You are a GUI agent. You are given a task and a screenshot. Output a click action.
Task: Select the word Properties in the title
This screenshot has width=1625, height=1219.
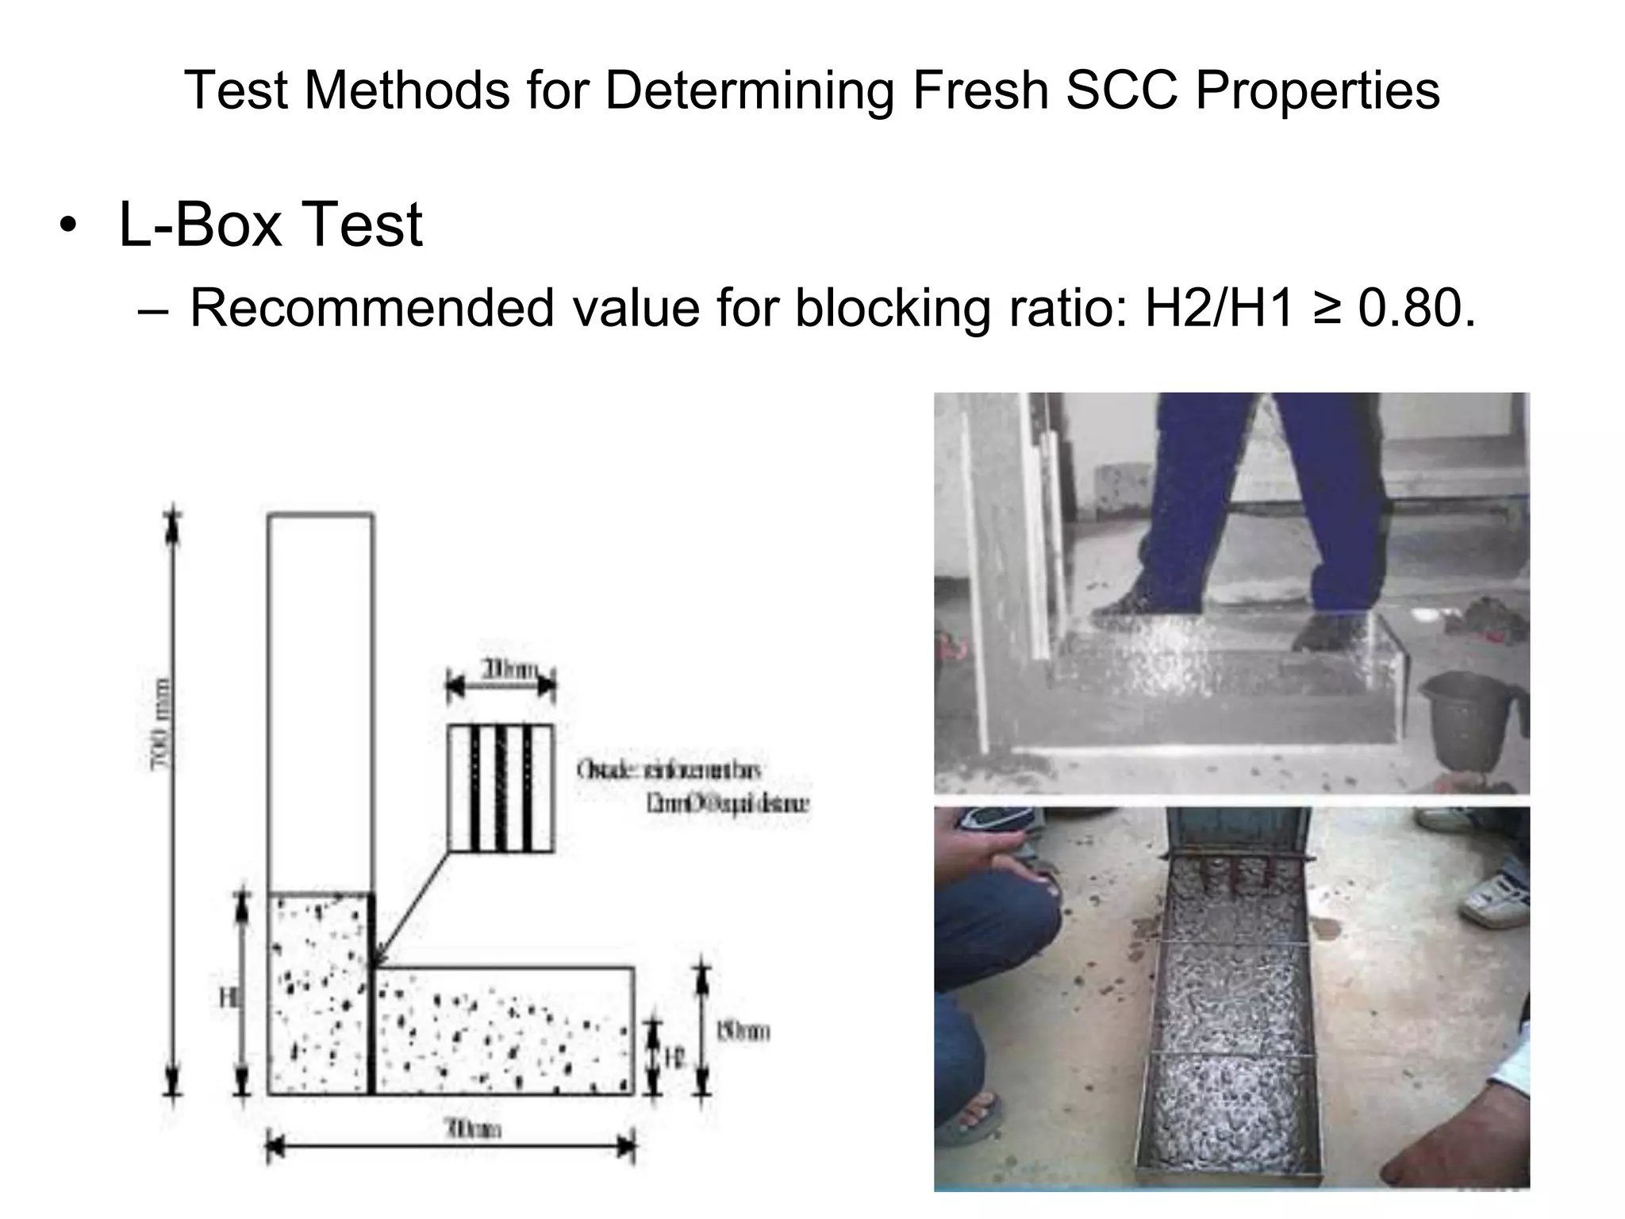coord(1317,90)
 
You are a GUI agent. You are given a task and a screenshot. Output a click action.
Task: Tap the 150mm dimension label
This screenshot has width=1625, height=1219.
coord(743,1032)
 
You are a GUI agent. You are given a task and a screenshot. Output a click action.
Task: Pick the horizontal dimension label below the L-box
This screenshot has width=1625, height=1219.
coord(474,1129)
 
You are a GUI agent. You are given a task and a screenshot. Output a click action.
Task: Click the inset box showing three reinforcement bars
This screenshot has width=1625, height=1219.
coord(501,788)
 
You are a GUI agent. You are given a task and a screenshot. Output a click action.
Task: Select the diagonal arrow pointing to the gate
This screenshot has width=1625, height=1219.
coord(413,909)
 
